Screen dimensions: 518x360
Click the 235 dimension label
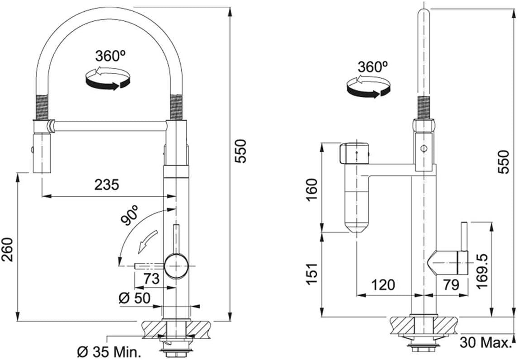(106, 185)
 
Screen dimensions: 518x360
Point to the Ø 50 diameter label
(135, 298)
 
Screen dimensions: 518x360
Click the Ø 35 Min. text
(108, 352)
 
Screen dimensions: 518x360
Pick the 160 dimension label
(312, 189)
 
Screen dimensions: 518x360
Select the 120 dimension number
(383, 284)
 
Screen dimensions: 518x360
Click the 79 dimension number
(451, 284)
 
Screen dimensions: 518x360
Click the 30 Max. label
(485, 342)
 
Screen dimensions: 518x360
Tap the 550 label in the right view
(504, 162)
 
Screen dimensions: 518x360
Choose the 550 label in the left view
(240, 151)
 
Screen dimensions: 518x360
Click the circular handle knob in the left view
(176, 266)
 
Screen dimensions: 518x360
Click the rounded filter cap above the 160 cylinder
(354, 153)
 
